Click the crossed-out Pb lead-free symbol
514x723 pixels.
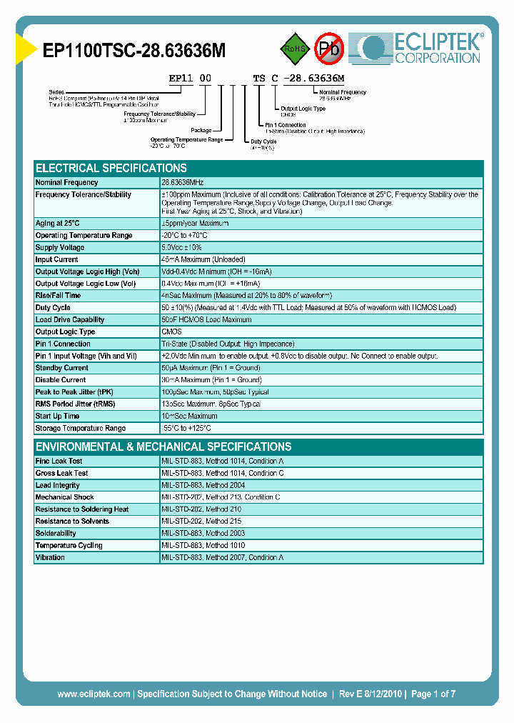329,49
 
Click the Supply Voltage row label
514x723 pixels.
60,247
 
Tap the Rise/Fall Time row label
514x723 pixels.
58,295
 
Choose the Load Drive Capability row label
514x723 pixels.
70,320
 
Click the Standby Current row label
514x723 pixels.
61,368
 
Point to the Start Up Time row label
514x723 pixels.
57,416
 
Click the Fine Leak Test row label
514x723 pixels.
59,462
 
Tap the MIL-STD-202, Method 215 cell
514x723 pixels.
201,522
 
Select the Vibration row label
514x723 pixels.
50,557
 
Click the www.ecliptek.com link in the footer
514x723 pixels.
94,694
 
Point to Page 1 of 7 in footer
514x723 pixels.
433,694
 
